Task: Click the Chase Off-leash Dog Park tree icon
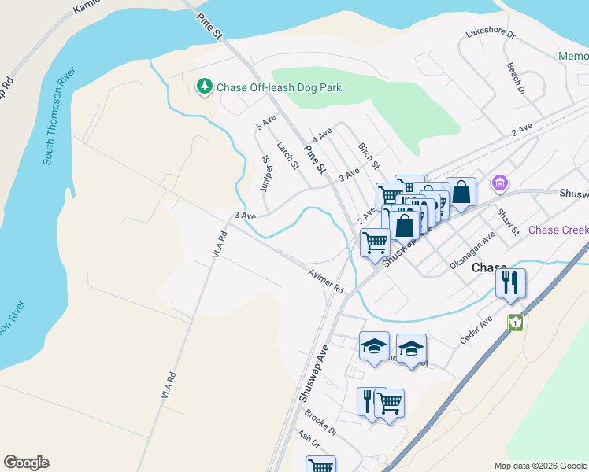coord(205,86)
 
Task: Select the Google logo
coord(26,463)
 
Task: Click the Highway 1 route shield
coord(516,323)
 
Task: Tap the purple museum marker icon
coord(498,183)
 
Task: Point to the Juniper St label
coord(266,173)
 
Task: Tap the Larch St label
coord(288,156)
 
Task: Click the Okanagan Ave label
coord(472,250)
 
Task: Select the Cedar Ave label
coord(476,330)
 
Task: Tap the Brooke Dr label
coord(320,426)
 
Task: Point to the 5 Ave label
coord(266,122)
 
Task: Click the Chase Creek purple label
coord(558,230)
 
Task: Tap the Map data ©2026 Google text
coord(539,466)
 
